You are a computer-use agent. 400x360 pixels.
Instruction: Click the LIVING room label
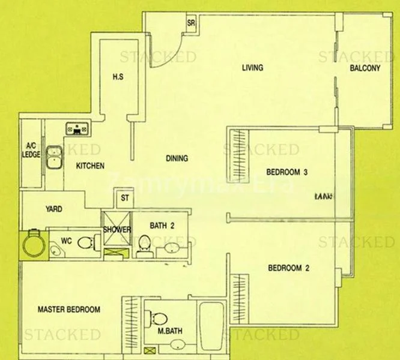point(252,68)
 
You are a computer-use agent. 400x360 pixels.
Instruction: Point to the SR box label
point(192,24)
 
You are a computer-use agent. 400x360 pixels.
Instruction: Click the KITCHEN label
point(91,166)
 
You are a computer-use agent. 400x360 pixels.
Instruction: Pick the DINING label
point(177,159)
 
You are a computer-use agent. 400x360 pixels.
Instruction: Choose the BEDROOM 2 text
point(288,268)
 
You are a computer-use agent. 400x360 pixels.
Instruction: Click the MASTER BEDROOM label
point(68,310)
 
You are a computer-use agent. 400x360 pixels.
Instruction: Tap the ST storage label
point(125,197)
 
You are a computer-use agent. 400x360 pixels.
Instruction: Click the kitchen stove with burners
point(77,128)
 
